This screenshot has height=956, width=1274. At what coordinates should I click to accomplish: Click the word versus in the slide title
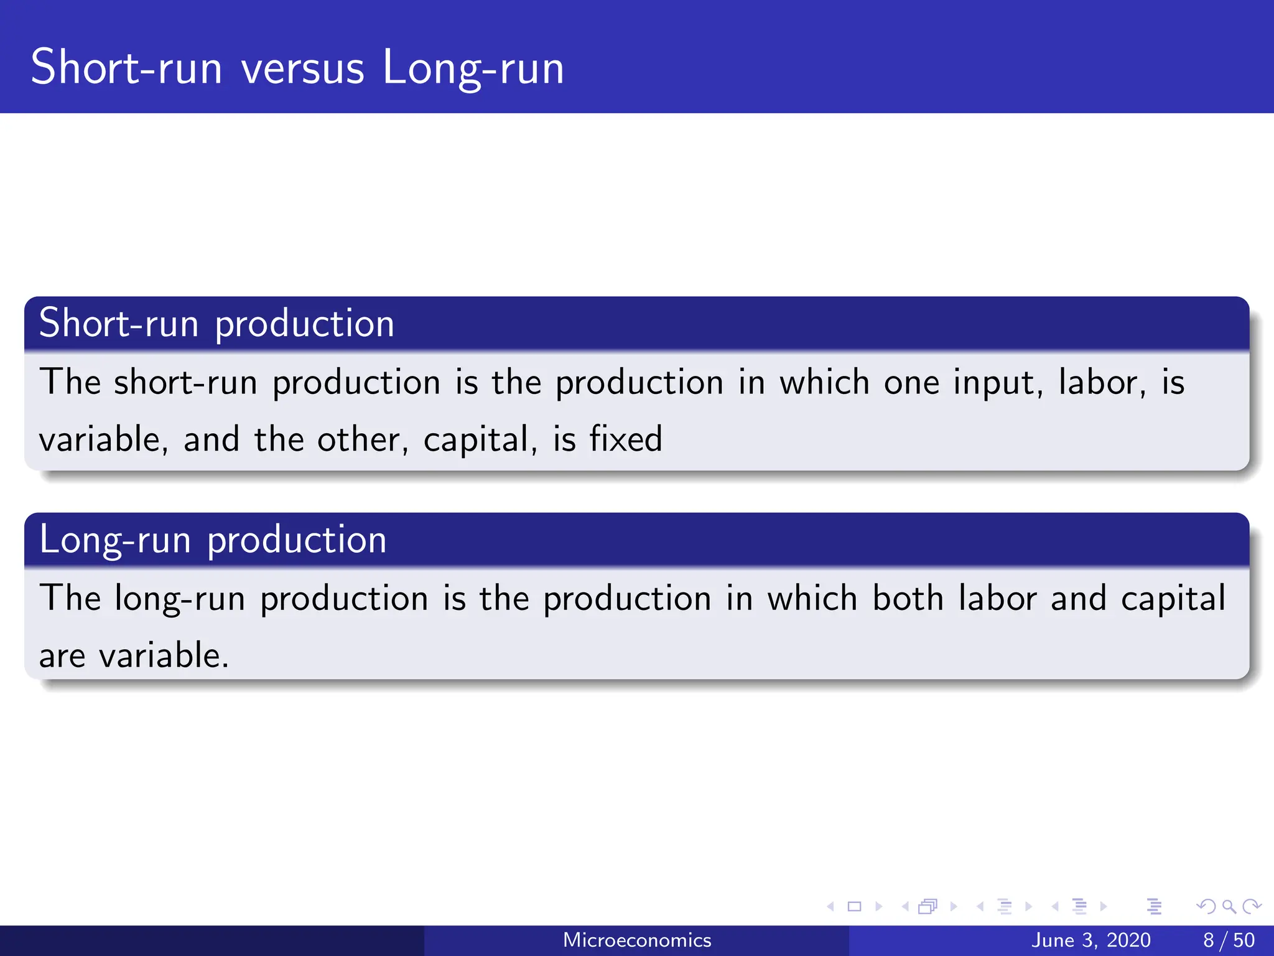(302, 68)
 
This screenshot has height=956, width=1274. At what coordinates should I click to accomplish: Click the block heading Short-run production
(216, 324)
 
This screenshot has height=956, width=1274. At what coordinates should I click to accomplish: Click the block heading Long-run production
(213, 540)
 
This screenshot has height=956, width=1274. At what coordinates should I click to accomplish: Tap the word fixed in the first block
(626, 439)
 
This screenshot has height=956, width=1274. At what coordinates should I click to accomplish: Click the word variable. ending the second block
(164, 655)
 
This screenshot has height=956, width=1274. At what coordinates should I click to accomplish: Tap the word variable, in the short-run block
(103, 439)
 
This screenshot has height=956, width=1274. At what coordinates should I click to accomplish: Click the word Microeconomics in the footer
(637, 940)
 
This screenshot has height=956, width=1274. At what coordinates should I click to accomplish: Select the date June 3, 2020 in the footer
(1091, 940)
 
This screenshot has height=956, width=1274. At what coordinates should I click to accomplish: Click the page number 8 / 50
(1229, 940)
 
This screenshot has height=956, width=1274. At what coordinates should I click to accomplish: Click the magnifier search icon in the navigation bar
(1229, 906)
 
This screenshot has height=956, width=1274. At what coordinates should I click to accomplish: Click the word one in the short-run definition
(911, 382)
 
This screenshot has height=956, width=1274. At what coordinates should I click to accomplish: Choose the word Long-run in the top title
(473, 68)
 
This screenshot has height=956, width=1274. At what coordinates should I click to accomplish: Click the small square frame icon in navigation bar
(854, 906)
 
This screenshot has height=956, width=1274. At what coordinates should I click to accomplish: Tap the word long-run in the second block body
(180, 598)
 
